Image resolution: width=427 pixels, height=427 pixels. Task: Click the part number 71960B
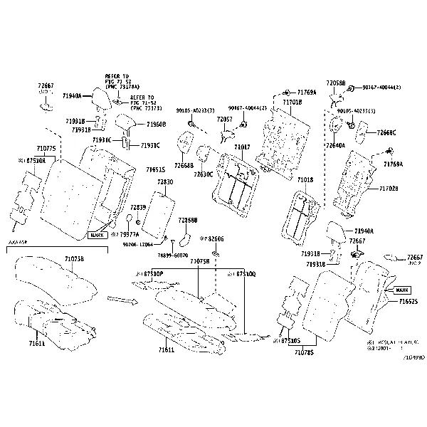coord(156,125)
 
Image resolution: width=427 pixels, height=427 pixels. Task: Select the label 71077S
coord(46,149)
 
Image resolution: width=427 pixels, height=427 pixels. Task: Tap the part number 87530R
coord(32,162)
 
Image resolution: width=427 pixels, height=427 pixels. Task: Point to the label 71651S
coord(156,170)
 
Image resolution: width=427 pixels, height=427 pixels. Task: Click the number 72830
coord(164,182)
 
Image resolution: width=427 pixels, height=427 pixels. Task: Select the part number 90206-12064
coord(137,244)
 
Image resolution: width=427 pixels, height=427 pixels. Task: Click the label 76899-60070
coord(172,254)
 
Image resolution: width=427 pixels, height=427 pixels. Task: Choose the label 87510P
coord(149,273)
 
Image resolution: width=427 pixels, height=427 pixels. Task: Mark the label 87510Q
coord(241,273)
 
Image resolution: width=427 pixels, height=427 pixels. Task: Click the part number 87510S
coord(288,341)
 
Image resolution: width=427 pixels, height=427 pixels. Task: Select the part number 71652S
coord(408,302)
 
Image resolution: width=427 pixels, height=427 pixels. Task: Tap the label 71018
coord(305,181)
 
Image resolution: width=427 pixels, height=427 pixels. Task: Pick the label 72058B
coord(336,83)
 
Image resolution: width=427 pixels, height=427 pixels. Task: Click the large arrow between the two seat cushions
coord(122,300)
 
